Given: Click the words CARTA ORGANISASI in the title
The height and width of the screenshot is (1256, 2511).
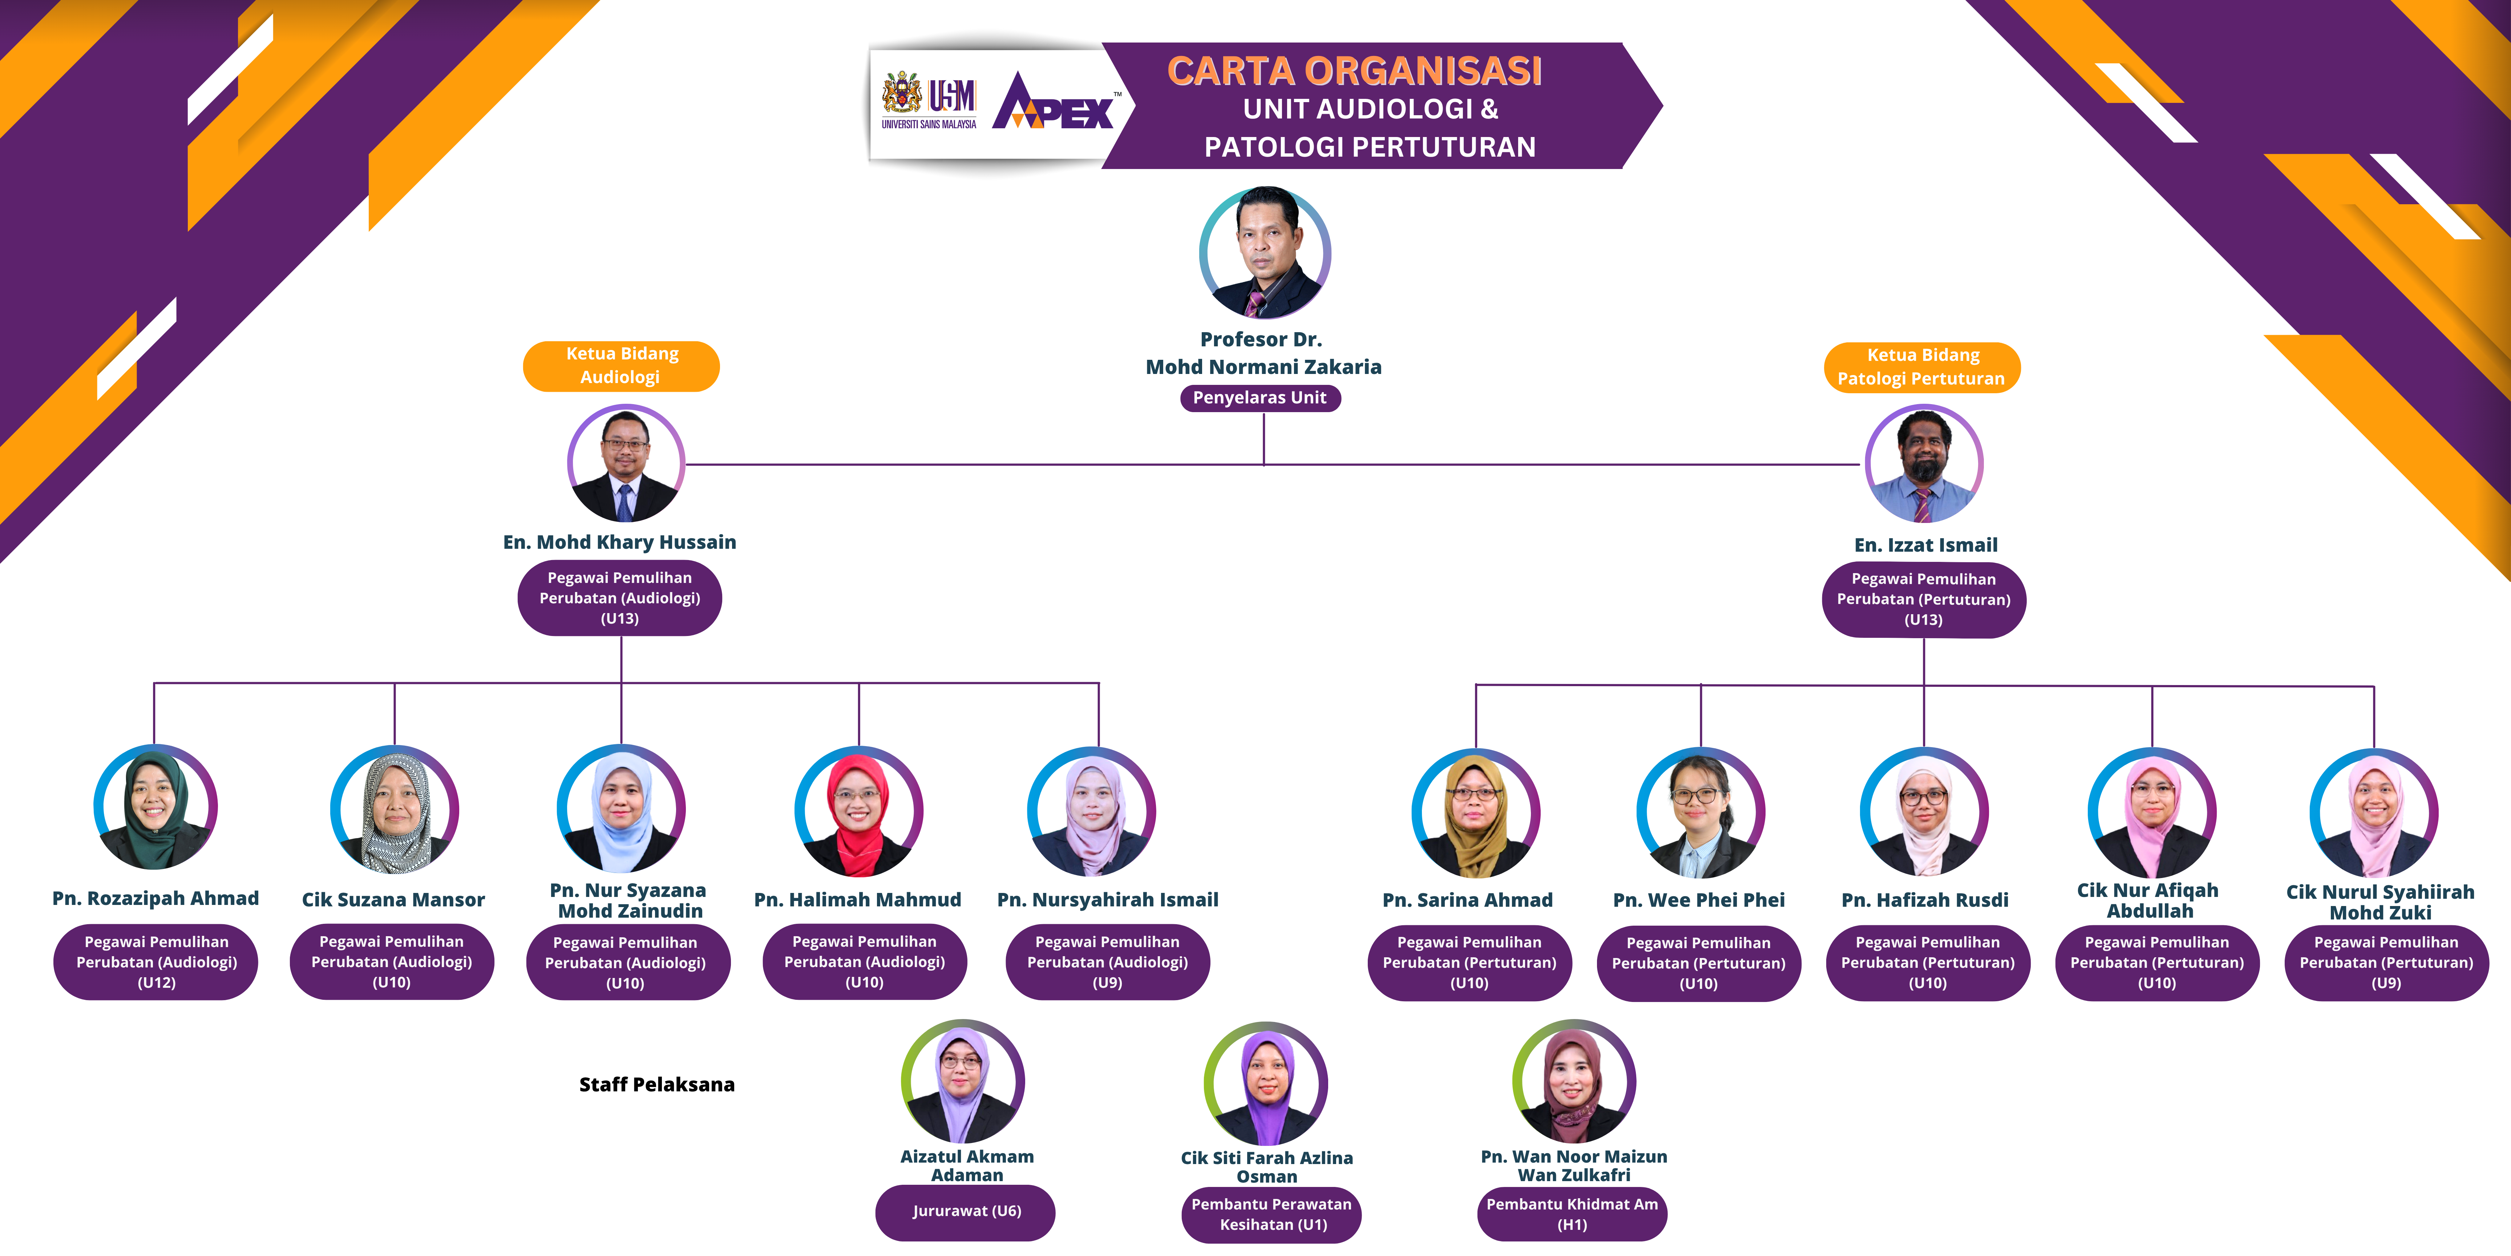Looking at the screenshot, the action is [x=1355, y=71].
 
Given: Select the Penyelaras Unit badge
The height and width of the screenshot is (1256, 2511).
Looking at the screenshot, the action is [x=1260, y=398].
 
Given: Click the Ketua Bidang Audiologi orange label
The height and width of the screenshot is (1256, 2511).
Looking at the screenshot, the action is [x=622, y=366].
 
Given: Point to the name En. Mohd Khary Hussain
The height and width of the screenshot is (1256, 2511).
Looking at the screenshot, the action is [x=620, y=542].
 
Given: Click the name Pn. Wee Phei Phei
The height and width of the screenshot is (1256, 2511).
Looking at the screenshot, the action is [x=1699, y=900].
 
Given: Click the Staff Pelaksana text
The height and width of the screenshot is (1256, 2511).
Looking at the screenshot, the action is [x=657, y=1084].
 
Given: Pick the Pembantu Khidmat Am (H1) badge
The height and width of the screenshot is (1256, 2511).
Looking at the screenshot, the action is [x=1572, y=1214].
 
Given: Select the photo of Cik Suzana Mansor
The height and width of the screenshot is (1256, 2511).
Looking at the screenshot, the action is [x=395, y=809].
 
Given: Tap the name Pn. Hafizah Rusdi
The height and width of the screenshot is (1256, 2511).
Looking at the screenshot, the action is [x=1925, y=900].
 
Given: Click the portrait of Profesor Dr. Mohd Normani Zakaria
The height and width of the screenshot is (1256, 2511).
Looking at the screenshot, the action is [x=1264, y=253].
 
